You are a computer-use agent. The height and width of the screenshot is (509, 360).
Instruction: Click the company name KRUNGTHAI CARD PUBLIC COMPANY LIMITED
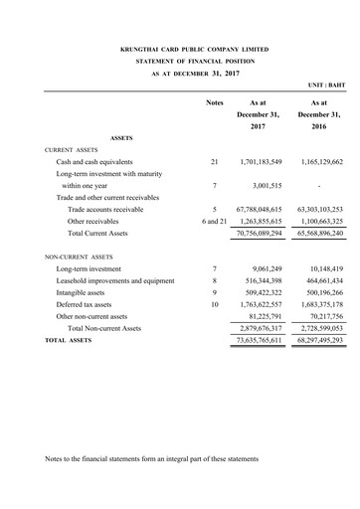(181, 48)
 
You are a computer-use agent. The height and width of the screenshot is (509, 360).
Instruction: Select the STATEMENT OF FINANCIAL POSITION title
(181, 61)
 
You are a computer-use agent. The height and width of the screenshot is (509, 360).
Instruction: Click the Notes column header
(214, 102)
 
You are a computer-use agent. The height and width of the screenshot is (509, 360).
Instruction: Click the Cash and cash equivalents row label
(95, 160)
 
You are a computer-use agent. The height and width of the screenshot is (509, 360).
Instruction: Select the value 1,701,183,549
(261, 160)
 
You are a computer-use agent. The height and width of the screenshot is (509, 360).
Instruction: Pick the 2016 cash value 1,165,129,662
(319, 160)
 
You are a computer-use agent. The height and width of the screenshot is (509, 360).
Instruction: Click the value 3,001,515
(265, 185)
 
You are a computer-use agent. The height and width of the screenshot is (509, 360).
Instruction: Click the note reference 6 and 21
(214, 221)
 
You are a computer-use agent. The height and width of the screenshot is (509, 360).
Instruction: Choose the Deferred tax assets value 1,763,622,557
(261, 304)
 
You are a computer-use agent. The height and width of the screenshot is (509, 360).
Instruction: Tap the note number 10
(214, 304)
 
